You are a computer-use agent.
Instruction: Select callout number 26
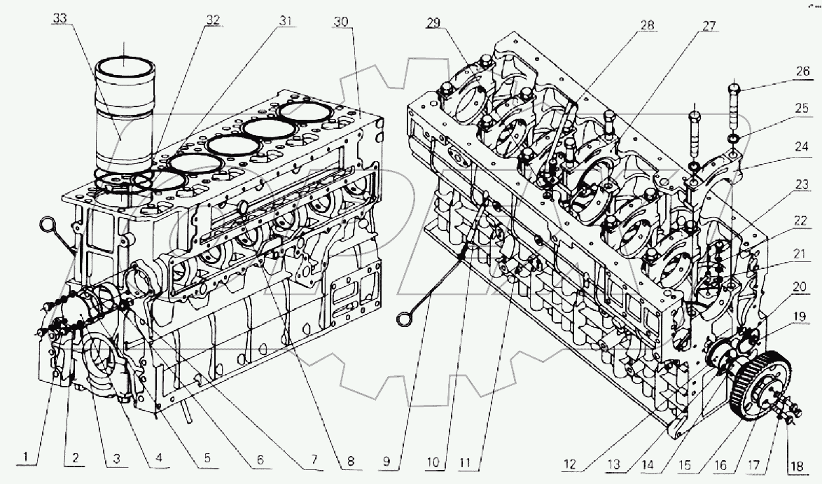(x=802, y=71)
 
